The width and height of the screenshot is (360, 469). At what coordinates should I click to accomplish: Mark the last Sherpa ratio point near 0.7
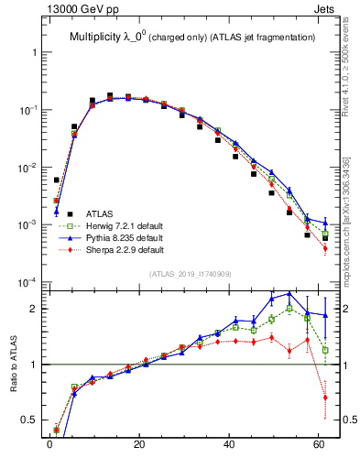point(325,398)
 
